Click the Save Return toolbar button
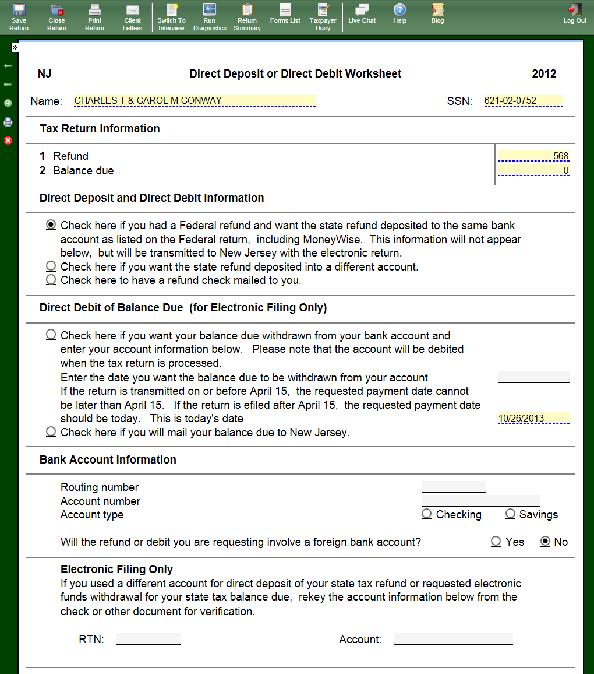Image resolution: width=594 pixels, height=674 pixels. click(19, 16)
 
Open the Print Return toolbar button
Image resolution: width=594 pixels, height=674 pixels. click(94, 16)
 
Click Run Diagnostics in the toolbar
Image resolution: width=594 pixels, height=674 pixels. click(210, 16)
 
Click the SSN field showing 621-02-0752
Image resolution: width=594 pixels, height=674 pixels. click(523, 100)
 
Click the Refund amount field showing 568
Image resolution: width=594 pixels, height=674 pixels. click(533, 156)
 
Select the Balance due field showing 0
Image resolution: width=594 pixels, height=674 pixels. click(533, 170)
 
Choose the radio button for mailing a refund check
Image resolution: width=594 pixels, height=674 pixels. click(51, 280)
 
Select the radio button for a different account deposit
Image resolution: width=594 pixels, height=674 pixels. click(51, 266)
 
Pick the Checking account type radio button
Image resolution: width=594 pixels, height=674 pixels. click(427, 514)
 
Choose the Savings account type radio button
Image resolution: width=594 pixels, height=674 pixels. click(511, 514)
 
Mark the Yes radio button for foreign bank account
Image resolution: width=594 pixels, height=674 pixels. click(496, 542)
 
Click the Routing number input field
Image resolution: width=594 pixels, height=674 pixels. click(454, 487)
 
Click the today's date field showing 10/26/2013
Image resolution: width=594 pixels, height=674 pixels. click(533, 418)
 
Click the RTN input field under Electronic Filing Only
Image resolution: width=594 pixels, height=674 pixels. click(148, 638)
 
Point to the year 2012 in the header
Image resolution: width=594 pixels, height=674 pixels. click(544, 74)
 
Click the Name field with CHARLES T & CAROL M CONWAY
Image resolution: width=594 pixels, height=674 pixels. click(195, 100)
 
